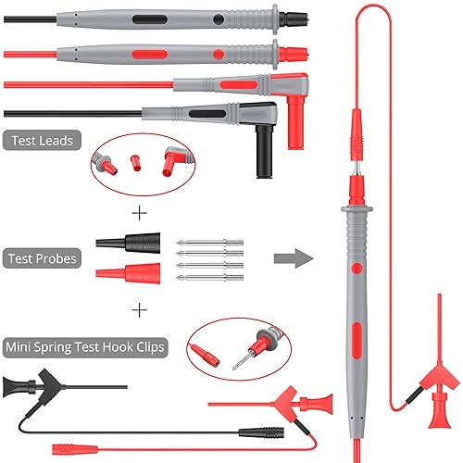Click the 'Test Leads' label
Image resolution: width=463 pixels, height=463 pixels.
click(42, 141)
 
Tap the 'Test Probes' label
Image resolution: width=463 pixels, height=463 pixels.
click(42, 258)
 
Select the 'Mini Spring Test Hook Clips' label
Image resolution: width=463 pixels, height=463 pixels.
click(85, 347)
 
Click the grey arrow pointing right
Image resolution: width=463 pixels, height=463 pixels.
click(294, 258)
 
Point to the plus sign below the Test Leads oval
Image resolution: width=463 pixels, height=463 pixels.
click(140, 213)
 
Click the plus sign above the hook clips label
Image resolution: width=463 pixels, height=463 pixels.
click(140, 310)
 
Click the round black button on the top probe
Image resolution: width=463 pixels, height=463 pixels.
click(219, 19)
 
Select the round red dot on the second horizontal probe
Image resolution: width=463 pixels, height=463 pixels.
click(219, 55)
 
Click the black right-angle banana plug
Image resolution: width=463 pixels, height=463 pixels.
click(264, 151)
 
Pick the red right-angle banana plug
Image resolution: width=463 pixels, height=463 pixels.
click(295, 122)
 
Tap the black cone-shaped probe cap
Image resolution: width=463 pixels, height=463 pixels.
click(128, 243)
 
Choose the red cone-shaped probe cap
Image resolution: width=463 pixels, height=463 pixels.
click(128, 273)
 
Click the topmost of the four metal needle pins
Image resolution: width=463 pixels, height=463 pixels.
click(210, 243)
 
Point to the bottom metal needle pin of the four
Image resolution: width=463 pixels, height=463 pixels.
click(210, 278)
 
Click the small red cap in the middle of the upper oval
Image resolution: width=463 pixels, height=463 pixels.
click(135, 163)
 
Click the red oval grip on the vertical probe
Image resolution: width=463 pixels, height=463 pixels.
click(357, 341)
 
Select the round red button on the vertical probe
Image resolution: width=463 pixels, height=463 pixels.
click(357, 269)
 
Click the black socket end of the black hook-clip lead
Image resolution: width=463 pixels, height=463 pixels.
click(261, 432)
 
